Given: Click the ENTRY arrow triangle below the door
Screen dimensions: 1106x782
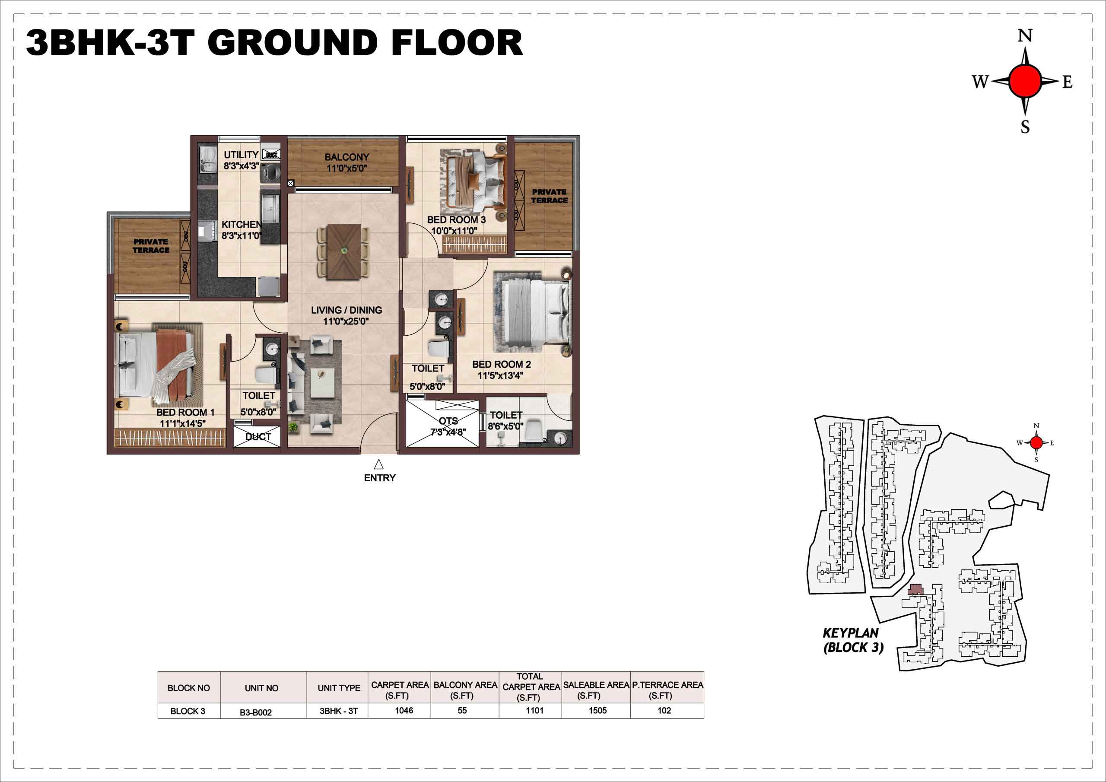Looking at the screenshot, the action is (x=378, y=464).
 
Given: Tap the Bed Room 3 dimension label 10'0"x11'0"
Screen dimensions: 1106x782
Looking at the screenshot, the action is (x=454, y=231).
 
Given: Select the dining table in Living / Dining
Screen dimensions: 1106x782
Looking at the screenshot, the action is (x=343, y=251).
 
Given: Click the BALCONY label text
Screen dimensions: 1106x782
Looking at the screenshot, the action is (x=346, y=157).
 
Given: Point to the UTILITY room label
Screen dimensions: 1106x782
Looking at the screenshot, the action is (x=241, y=155).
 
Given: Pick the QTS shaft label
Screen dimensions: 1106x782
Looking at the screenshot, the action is (x=448, y=421).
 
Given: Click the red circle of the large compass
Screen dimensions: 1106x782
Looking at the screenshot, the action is (x=1025, y=81).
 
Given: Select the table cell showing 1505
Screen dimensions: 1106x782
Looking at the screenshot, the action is (x=597, y=710).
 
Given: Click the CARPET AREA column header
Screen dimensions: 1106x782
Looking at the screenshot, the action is (x=399, y=690).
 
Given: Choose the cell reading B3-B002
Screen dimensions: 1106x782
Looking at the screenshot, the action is (x=256, y=712).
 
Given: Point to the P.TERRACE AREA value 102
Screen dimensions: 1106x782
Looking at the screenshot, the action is (x=664, y=710).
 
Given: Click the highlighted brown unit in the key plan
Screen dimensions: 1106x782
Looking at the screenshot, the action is (x=915, y=590).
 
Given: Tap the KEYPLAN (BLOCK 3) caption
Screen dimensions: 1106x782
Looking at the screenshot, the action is (x=853, y=640).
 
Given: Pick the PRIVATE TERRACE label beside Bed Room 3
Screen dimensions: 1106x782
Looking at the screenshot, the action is (x=549, y=196).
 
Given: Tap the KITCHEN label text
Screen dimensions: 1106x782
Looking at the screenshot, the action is (x=242, y=225).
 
